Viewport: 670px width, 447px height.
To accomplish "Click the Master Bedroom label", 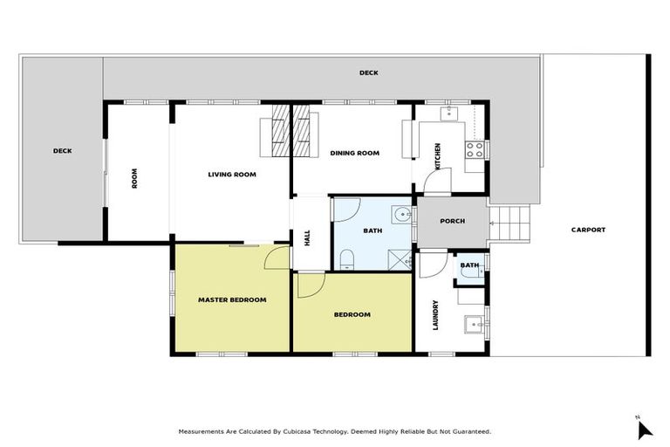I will tap(231, 300).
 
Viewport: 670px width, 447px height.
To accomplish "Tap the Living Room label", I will tap(231, 175).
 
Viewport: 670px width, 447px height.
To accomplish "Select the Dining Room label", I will tap(354, 154).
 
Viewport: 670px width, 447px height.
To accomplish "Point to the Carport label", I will tap(588, 230).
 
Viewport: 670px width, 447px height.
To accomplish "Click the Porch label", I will tap(452, 221).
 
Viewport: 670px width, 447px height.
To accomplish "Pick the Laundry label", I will tap(435, 315).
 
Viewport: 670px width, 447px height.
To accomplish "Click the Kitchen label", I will tap(438, 155).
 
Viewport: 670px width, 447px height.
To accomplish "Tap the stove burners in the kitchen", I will tap(475, 149).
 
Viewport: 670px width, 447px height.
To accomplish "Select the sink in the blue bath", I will tap(401, 214).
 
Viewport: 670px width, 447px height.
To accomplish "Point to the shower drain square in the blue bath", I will tap(401, 258).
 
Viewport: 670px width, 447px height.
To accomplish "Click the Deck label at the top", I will tap(368, 73).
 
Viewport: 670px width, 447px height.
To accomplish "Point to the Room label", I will tap(134, 178).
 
